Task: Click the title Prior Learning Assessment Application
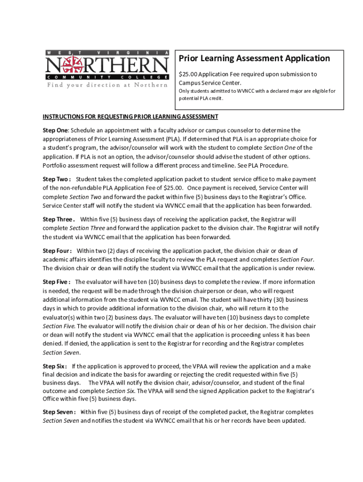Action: pos(254,58)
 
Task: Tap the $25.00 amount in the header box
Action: pos(189,74)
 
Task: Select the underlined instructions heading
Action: pos(130,117)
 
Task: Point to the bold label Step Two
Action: pos(56,179)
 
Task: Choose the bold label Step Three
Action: pos(58,219)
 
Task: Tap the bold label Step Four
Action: pos(57,251)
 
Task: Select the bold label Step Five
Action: pos(56,282)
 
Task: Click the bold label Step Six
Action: pos(54,366)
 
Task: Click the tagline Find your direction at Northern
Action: pos(107,85)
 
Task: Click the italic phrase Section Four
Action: pos(297,259)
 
